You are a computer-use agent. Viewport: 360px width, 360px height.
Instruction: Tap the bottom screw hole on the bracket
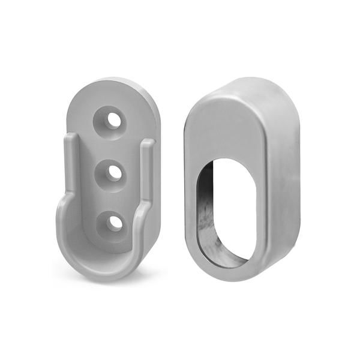(x=113, y=223)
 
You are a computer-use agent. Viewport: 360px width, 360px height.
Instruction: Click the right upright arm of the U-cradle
(x=146, y=180)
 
